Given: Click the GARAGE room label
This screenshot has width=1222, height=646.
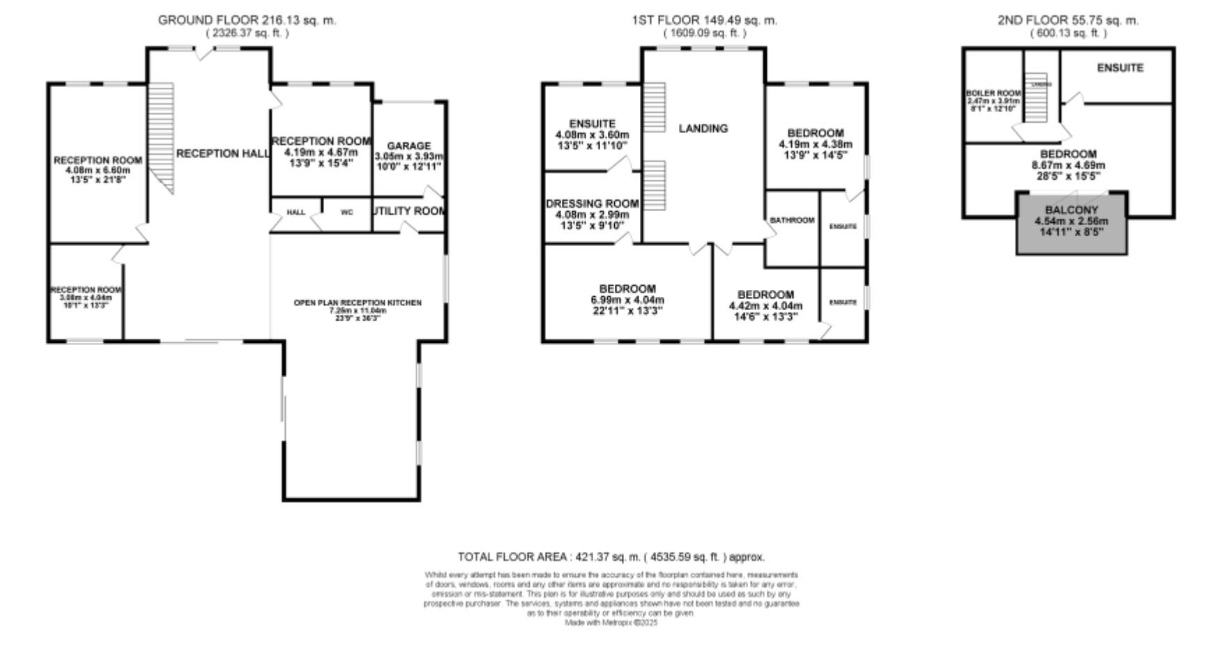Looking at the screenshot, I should [x=408, y=146].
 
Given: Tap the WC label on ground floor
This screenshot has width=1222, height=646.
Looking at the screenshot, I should [x=346, y=213].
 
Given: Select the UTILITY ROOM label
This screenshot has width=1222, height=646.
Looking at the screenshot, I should [x=410, y=210].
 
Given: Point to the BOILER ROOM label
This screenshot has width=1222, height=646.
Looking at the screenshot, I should [x=993, y=93].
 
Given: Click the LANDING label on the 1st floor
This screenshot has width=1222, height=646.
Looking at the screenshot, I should [x=703, y=128].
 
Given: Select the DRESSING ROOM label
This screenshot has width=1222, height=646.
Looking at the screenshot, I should [x=592, y=203].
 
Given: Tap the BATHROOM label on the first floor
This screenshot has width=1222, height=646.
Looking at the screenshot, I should [x=792, y=220].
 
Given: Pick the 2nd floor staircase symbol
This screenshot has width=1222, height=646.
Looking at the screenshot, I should [x=1039, y=98].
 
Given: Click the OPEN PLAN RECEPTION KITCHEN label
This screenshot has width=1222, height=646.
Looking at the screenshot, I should [x=357, y=302].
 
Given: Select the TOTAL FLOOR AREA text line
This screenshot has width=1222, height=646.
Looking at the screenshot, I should [x=611, y=557].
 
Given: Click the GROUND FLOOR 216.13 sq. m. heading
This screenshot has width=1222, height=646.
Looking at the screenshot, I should [x=247, y=20].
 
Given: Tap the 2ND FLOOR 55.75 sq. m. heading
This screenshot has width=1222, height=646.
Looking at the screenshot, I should [x=1068, y=20].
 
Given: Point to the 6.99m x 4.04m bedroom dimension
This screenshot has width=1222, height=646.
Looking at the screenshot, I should [x=627, y=300].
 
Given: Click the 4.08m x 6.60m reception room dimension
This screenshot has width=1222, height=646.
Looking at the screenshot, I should [x=98, y=170].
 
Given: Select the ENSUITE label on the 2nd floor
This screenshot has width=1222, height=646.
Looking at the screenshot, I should [x=1120, y=68].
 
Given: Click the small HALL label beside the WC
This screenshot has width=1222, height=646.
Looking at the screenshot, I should [x=296, y=213].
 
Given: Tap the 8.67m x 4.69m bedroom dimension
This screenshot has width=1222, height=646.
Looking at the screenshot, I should [x=1068, y=166].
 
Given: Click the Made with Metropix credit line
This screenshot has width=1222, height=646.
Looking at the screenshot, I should [x=611, y=623].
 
